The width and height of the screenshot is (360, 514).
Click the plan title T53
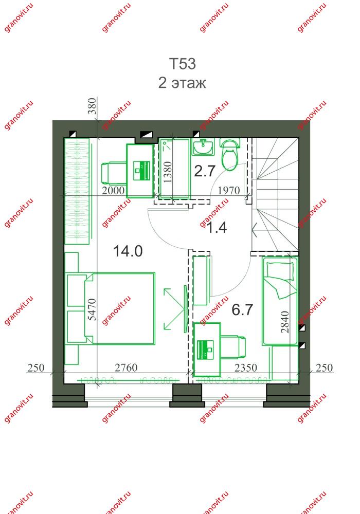[x=183, y=64]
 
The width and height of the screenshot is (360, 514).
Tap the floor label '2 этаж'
[x=182, y=83]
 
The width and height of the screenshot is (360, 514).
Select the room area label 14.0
[x=128, y=251]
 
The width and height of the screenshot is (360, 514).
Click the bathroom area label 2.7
[x=205, y=171]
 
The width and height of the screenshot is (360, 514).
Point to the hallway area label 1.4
[x=217, y=227]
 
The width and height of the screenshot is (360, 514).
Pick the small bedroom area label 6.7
[x=242, y=310]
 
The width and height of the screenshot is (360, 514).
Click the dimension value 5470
[x=93, y=309]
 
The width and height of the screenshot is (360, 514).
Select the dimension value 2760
[x=126, y=368]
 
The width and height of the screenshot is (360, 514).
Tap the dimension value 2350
[x=246, y=368]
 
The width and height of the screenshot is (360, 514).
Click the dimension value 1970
[x=229, y=190]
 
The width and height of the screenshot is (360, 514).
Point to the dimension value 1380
[x=167, y=172]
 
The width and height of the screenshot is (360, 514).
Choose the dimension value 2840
[x=285, y=322]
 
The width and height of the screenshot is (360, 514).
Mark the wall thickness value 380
[x=93, y=106]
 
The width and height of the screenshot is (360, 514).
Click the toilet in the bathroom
[x=230, y=155]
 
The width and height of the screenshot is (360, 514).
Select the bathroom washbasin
[x=203, y=147]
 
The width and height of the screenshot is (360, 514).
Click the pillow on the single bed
[x=280, y=271]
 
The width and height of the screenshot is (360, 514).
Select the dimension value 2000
[x=113, y=190]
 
